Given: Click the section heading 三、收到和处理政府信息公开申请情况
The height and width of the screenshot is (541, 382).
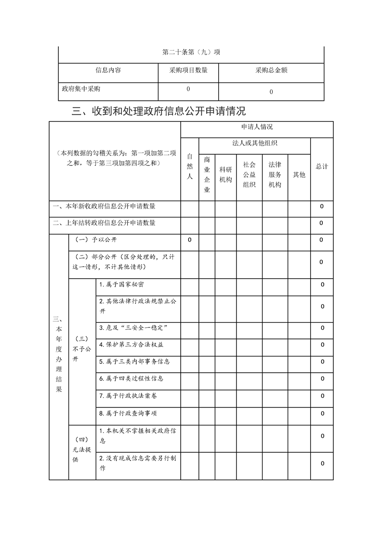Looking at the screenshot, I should tap(158, 111).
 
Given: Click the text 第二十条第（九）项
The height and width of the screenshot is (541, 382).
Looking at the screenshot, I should tap(191, 53).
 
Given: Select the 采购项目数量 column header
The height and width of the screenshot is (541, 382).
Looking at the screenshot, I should tap(188, 70).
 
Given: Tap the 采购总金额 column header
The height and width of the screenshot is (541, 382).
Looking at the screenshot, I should tap(271, 70).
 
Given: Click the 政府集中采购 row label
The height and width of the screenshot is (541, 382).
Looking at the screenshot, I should tap(81, 89).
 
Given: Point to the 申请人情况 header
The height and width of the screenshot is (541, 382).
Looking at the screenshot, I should tap(257, 127).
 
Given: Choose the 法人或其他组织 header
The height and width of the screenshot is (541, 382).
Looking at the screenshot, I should tap(254, 144).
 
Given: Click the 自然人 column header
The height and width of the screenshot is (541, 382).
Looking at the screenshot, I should tap(190, 167).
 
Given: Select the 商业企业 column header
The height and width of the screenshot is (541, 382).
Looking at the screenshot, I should tap(207, 175).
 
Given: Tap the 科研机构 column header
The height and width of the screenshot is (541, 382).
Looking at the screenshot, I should tap(225, 175).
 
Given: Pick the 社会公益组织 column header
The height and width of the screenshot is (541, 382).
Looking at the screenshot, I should tap(249, 175).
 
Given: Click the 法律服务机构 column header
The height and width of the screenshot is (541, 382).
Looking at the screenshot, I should tap(275, 175).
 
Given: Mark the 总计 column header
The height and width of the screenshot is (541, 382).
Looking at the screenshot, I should tap(322, 167).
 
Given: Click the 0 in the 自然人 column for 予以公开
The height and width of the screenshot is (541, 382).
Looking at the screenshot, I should tap(190, 240).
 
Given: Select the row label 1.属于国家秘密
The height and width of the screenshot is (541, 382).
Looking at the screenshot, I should tap(120, 284).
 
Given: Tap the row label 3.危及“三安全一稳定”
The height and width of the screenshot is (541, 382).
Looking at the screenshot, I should tap(132, 328).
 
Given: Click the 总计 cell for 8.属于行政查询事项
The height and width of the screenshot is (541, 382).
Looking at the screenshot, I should tap(322, 413).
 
